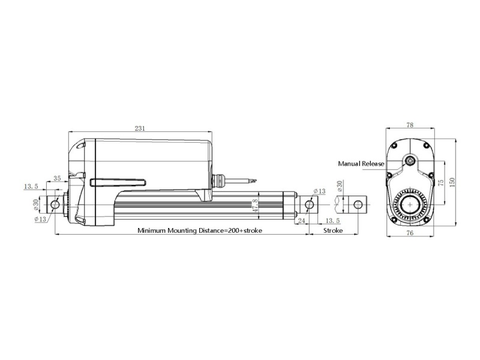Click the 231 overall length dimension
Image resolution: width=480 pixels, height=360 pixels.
click(140, 128)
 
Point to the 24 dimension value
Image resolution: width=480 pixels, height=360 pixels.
click(301, 221)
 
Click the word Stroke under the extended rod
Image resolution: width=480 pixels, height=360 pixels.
click(333, 230)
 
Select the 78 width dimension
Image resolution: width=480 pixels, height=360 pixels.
click(410, 125)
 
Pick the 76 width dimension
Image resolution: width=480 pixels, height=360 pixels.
click(410, 232)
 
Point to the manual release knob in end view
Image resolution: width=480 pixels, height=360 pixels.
click(410, 161)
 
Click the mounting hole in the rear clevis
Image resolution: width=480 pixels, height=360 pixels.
click(55, 205)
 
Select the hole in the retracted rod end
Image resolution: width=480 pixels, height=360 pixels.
click(310, 205)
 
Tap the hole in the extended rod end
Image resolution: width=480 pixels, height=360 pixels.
click(359, 205)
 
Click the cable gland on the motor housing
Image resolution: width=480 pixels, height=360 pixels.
click(222, 178)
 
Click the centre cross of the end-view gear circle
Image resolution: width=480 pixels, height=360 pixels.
click(410, 205)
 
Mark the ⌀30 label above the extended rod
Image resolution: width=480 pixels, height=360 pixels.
click(340, 187)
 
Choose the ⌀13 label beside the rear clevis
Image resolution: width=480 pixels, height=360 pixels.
click(41, 218)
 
